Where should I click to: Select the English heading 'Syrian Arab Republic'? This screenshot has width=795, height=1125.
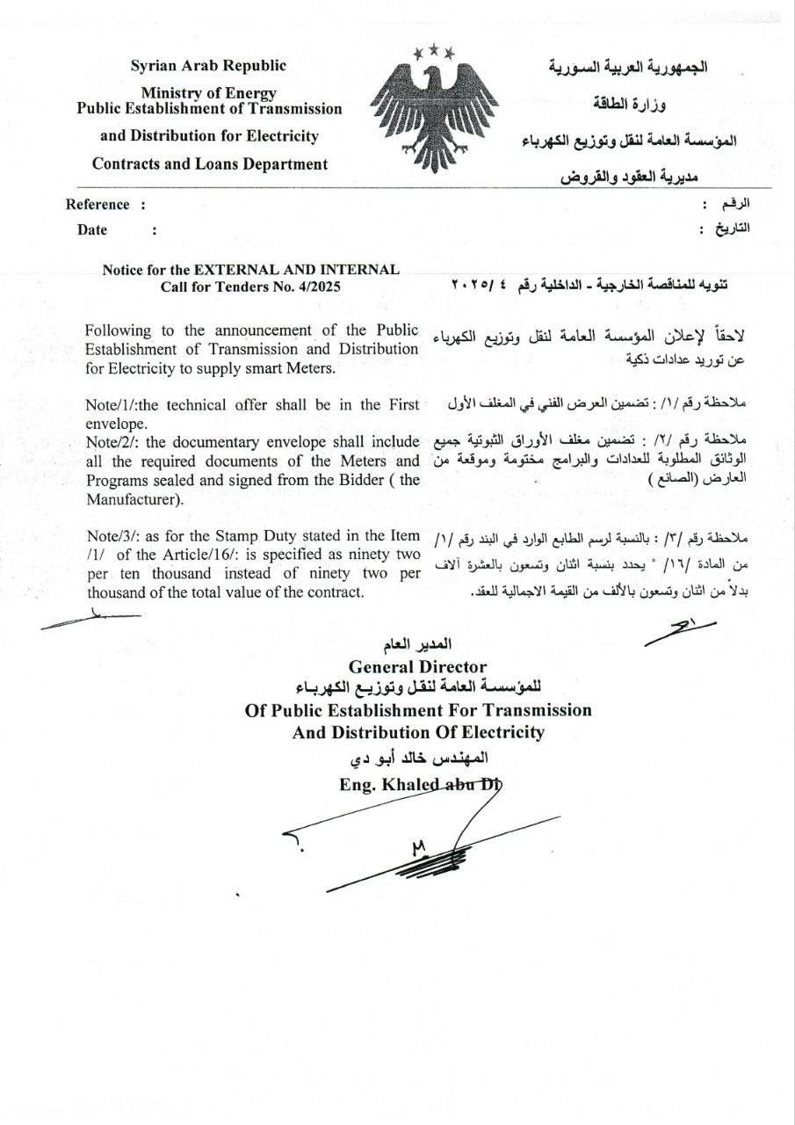pos(209,65)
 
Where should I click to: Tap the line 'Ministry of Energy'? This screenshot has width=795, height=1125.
pos(209,92)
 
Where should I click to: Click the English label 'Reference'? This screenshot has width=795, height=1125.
pos(98,205)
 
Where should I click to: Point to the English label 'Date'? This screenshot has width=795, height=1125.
pos(92,230)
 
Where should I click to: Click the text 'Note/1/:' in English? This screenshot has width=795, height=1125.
pos(111,405)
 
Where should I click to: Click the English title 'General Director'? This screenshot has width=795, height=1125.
pos(417,667)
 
